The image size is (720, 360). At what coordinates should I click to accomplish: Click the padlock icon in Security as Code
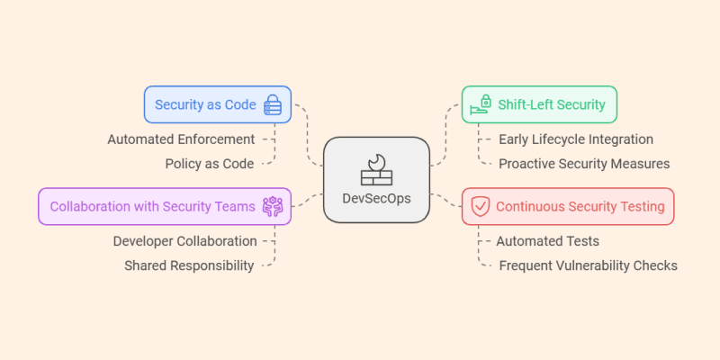click(272, 104)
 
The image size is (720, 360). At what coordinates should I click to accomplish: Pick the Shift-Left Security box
click(539, 104)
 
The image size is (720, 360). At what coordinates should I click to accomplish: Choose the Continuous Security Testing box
click(567, 206)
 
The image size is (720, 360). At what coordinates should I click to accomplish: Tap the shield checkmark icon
click(481, 206)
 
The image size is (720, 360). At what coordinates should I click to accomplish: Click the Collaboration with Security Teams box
click(165, 206)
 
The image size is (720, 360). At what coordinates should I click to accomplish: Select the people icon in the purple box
click(272, 206)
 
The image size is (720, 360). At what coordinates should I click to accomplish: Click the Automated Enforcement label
click(181, 139)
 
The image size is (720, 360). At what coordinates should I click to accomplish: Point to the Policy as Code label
click(209, 164)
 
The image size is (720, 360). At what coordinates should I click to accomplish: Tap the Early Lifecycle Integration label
click(575, 139)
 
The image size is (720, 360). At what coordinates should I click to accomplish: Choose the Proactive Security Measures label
click(584, 164)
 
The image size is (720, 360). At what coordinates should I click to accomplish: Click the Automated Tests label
click(547, 241)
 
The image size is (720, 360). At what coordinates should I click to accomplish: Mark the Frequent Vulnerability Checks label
click(588, 265)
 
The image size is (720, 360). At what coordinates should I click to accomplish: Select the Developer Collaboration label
click(184, 241)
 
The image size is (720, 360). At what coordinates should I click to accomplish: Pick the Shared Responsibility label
click(189, 265)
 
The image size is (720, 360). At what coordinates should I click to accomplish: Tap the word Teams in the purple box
click(234, 206)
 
